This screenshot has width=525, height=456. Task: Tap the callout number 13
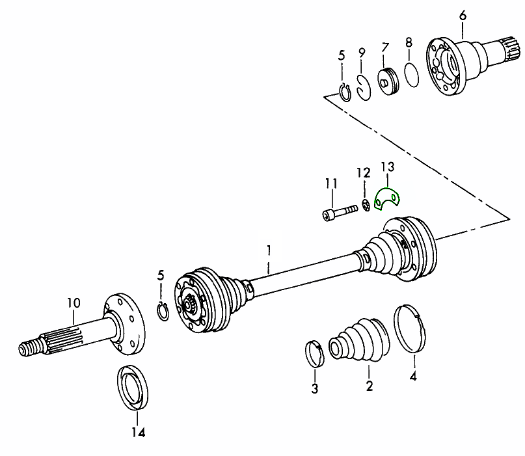[387, 168]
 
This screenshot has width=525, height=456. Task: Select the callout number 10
[73, 302]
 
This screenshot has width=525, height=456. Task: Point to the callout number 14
[139, 433]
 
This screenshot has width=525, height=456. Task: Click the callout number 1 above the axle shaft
[267, 249]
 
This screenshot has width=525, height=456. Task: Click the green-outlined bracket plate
[389, 198]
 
